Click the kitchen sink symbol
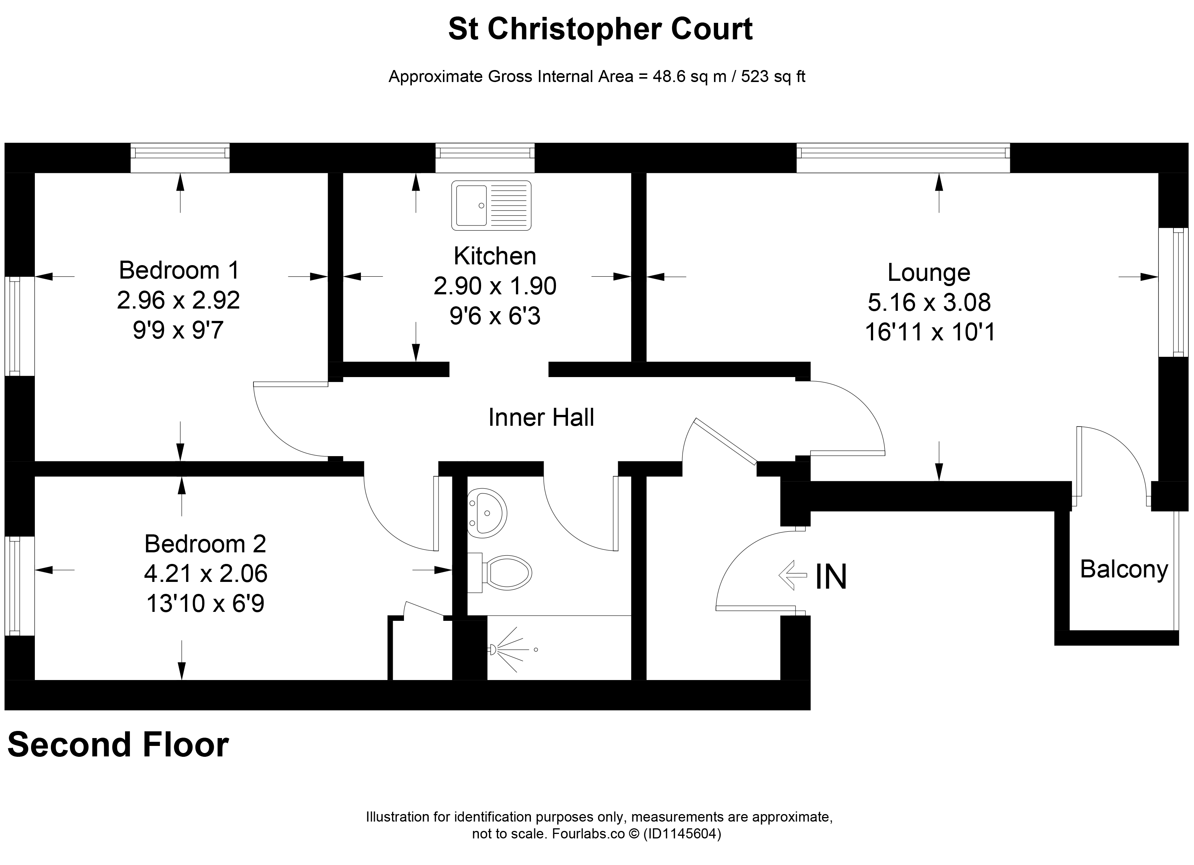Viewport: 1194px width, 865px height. tap(491, 205)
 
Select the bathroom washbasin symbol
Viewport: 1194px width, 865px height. tap(487, 513)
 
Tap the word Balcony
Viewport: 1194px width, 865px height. tap(1124, 570)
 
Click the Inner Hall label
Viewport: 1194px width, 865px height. tap(541, 418)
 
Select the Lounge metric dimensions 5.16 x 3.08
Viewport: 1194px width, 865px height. tap(929, 302)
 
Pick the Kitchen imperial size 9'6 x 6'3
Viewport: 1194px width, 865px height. tap(495, 316)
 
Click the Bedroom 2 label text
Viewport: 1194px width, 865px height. tap(205, 544)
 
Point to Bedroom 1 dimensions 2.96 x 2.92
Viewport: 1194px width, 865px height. tap(179, 300)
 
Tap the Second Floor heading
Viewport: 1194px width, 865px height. tap(118, 745)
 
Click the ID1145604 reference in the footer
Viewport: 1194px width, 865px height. tap(682, 834)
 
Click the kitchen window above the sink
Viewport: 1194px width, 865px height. tap(485, 157)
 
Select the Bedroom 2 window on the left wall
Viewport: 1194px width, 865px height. tap(19, 586)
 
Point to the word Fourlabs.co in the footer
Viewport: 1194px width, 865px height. tap(589, 834)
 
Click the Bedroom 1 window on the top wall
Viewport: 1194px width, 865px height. tap(180, 157)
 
